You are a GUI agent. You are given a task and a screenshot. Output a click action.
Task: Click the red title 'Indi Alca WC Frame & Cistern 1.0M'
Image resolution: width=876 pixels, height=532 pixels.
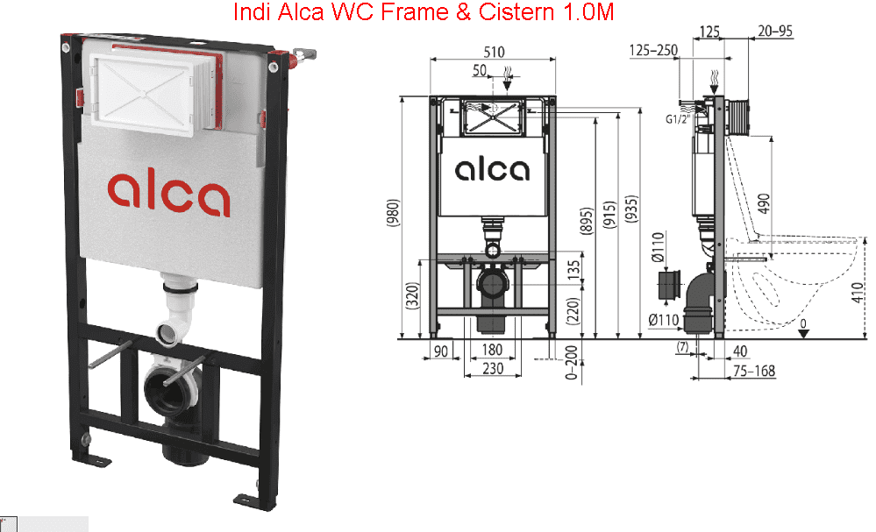pyautogui.click(x=423, y=11)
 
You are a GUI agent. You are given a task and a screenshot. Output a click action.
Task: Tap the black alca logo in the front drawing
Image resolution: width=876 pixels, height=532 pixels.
pyautogui.click(x=492, y=170)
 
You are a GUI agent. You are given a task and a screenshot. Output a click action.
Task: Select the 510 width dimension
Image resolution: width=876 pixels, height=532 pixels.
pyautogui.click(x=494, y=52)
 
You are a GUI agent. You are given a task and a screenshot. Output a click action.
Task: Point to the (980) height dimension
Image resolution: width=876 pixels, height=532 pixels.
pyautogui.click(x=393, y=213)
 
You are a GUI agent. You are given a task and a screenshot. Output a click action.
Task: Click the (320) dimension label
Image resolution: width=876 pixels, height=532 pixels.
pyautogui.click(x=412, y=296)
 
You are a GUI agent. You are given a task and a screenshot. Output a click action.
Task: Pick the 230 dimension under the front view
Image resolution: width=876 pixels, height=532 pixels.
pyautogui.click(x=493, y=368)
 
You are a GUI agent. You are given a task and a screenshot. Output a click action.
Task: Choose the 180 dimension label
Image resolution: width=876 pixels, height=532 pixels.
pyautogui.click(x=492, y=350)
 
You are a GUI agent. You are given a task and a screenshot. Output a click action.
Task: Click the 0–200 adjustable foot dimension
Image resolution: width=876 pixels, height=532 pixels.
pyautogui.click(x=571, y=362)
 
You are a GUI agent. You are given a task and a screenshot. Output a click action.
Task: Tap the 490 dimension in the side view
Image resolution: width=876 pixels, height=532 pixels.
pyautogui.click(x=764, y=202)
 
